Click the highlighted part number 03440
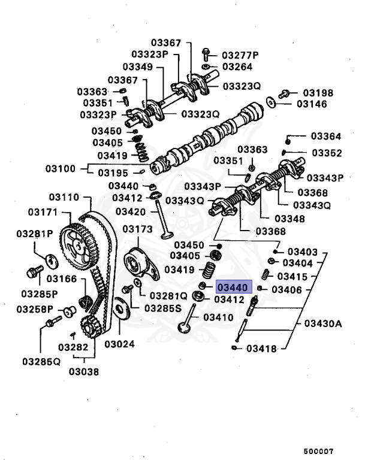(x=235, y=287)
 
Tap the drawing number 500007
(x=318, y=451)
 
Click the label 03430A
(x=322, y=323)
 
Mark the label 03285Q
(x=41, y=361)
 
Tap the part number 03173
(x=138, y=229)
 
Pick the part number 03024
(x=119, y=344)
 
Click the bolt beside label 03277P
(x=206, y=53)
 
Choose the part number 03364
(x=325, y=137)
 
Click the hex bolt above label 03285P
(x=33, y=273)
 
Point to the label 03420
(x=131, y=211)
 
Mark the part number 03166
(x=62, y=279)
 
